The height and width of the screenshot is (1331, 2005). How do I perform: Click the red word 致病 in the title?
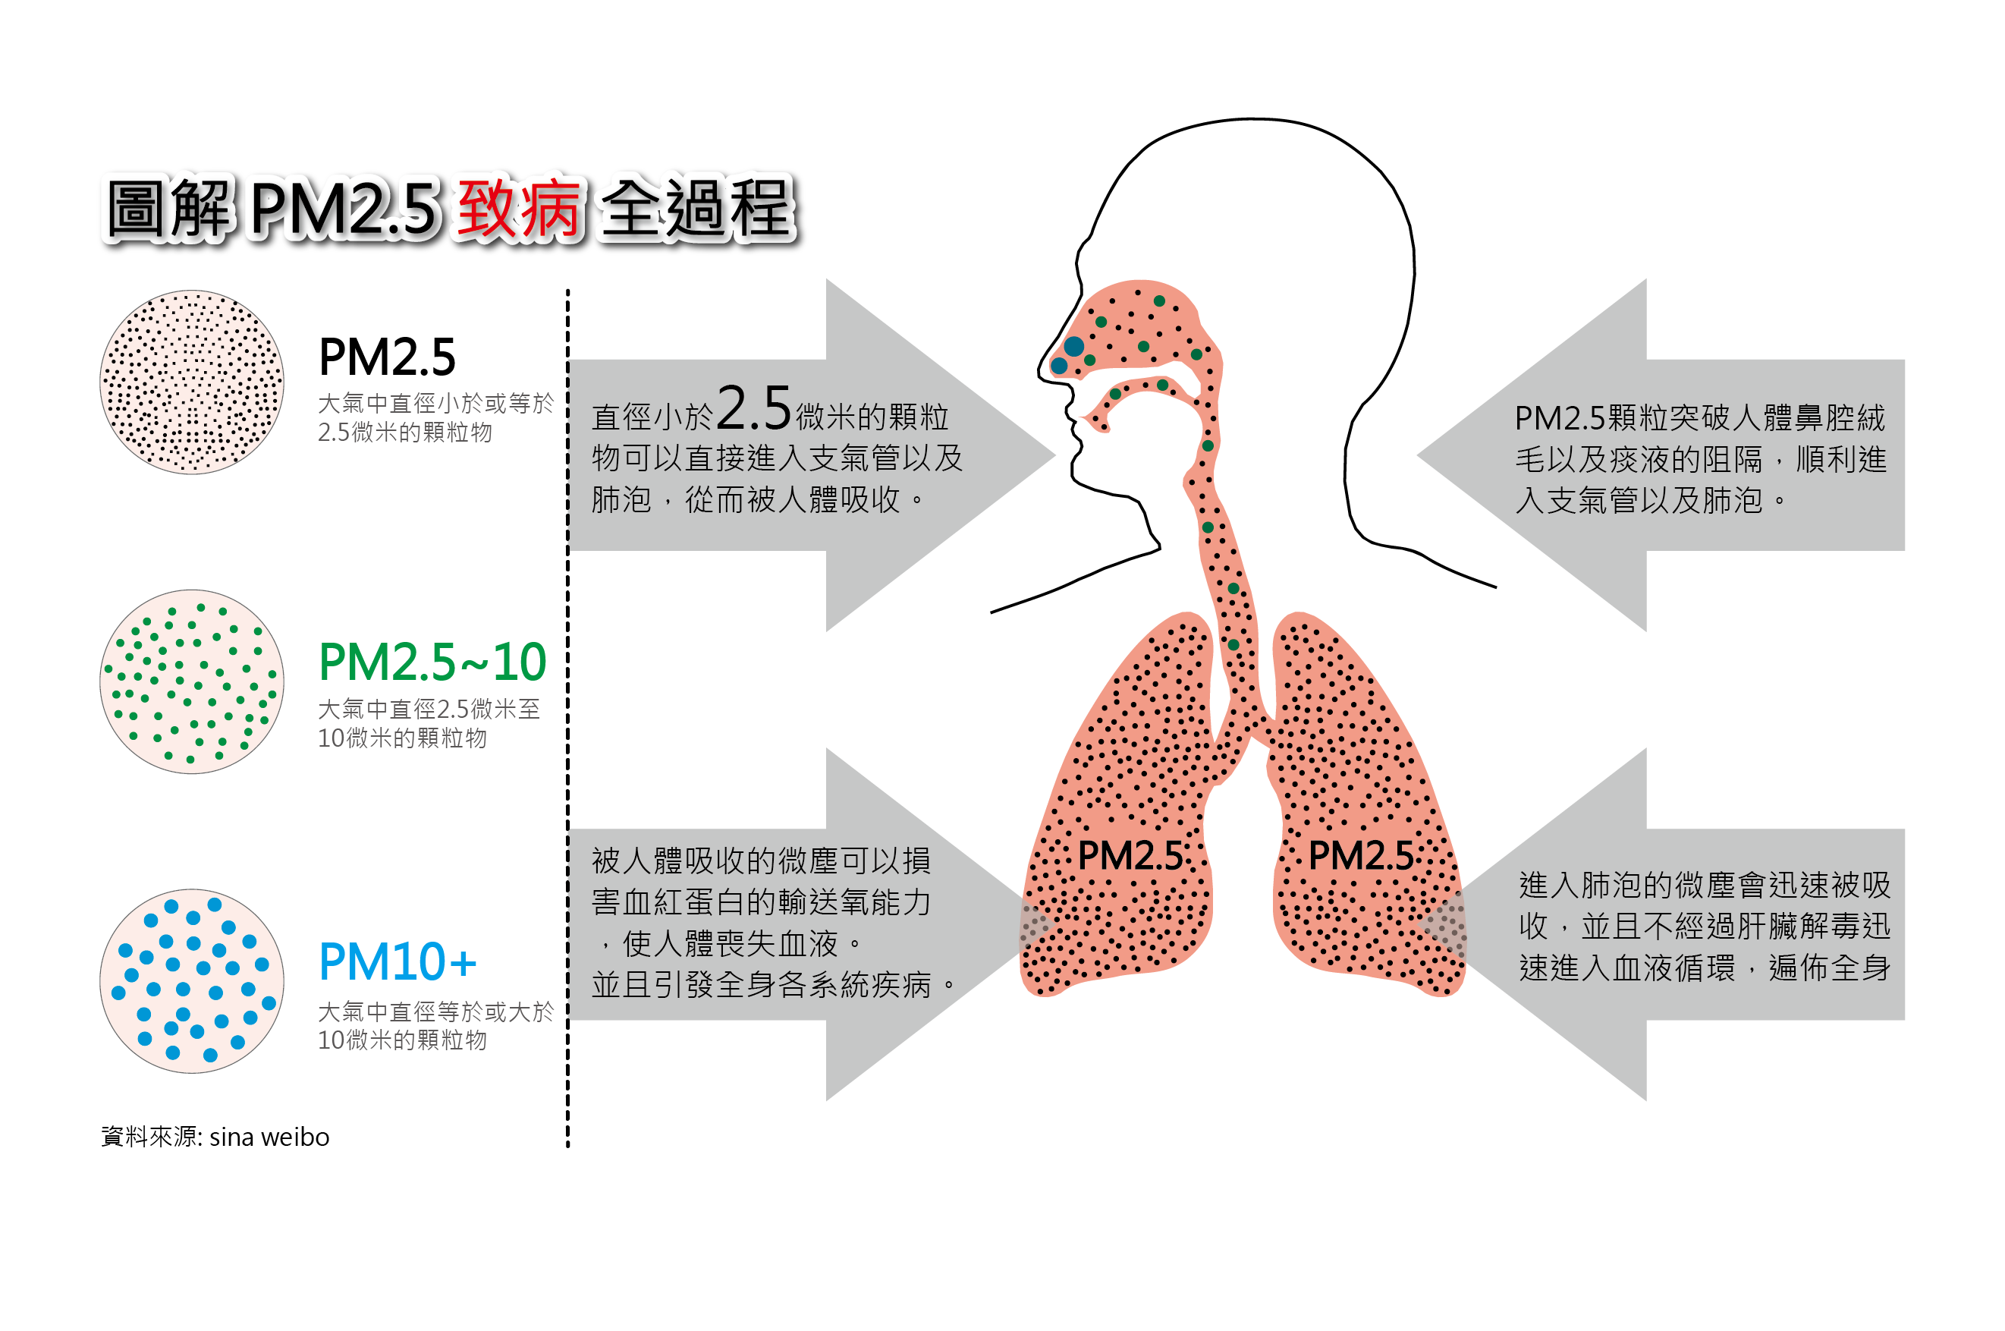pos(520,208)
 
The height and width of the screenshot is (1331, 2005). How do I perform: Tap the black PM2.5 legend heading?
pos(387,357)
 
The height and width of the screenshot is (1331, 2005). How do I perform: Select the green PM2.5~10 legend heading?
pos(432,662)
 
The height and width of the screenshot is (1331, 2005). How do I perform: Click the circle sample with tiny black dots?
pos(192,382)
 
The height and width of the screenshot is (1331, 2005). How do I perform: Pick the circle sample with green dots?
pos(192,681)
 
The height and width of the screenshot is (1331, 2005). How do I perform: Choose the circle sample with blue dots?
pos(192,981)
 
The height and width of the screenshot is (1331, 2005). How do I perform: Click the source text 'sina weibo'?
pos(269,1137)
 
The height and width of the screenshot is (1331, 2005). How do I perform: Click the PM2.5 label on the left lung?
pos(1130,856)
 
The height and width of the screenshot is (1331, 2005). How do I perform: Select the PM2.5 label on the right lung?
pos(1360,856)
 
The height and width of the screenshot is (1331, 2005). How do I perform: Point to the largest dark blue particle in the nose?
pos(1074,346)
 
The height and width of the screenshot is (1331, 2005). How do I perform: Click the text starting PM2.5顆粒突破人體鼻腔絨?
pos(1699,459)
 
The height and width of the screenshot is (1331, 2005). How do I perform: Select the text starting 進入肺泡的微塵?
pos(1704,926)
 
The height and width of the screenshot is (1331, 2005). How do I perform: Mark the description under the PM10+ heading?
pos(435,1025)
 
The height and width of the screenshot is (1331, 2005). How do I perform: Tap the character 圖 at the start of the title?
pos(136,208)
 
